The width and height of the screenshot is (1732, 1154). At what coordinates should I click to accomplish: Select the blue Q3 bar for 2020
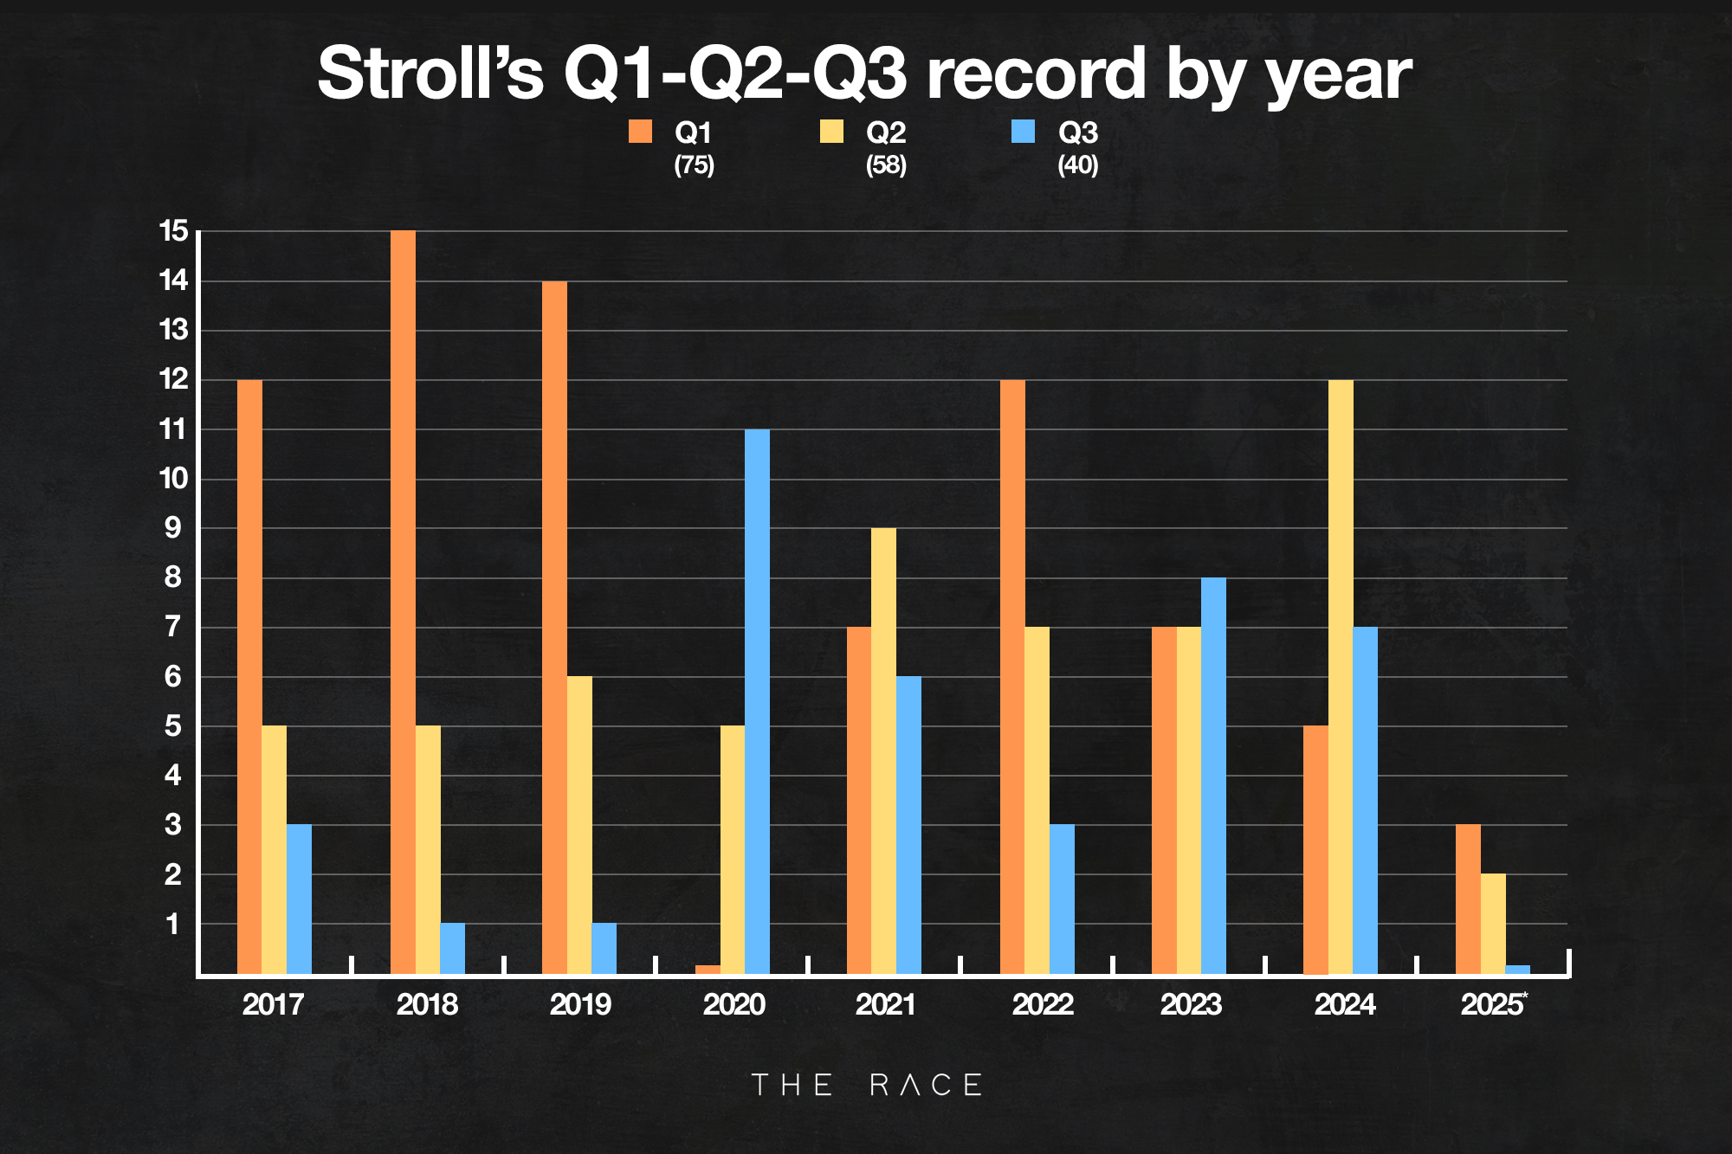(757, 701)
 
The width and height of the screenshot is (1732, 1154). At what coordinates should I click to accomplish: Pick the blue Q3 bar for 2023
(1213, 776)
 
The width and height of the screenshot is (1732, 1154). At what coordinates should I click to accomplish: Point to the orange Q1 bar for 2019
(555, 628)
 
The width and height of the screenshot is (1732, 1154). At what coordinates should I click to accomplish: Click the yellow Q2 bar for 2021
(883, 751)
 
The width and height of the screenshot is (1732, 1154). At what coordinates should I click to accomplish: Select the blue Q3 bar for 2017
(299, 899)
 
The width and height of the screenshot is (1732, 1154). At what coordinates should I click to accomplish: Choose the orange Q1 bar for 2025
(1468, 899)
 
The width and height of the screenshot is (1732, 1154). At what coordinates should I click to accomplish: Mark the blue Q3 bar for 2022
(1062, 899)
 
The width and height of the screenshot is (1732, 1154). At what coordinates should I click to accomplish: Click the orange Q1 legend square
(640, 132)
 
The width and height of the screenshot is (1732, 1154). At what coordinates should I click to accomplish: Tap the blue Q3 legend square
(1023, 132)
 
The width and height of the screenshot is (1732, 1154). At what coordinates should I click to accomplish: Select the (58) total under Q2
(886, 164)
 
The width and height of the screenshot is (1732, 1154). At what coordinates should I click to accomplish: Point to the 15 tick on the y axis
(173, 231)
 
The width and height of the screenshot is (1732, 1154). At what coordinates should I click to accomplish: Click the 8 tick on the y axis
(173, 577)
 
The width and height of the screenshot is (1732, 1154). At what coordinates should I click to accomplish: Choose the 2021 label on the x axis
(885, 1004)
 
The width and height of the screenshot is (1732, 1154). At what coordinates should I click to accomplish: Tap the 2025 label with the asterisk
(1493, 1004)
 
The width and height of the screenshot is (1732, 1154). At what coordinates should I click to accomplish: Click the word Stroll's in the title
(430, 74)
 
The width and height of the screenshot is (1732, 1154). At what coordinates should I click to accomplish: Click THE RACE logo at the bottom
(866, 1085)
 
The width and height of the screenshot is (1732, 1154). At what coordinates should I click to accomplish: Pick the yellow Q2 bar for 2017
(274, 849)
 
